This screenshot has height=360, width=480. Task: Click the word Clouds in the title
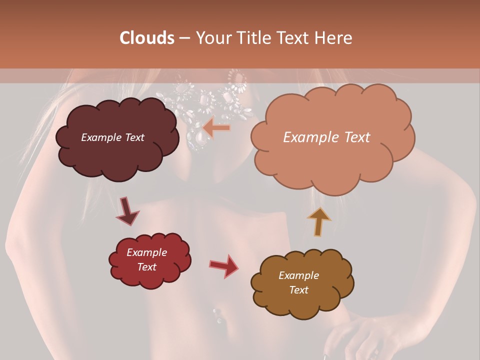click(x=146, y=38)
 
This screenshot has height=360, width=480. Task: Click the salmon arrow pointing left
click(x=217, y=128)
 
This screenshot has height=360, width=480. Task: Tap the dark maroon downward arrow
click(x=127, y=211)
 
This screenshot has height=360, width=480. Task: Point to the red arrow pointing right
click(x=224, y=265)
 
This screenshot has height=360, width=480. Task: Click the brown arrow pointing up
click(x=319, y=221)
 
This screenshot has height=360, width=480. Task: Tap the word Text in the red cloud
click(x=147, y=267)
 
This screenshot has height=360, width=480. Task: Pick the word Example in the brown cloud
click(x=298, y=275)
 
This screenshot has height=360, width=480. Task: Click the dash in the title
click(x=184, y=38)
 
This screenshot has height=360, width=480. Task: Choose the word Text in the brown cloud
click(x=298, y=290)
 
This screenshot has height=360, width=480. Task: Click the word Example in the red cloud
click(x=147, y=252)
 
